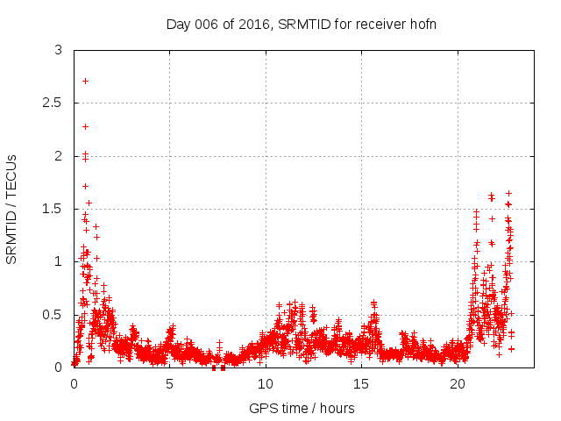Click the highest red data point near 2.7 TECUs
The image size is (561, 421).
tap(85, 81)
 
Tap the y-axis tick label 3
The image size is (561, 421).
tap(58, 51)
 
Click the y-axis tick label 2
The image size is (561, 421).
tap(58, 156)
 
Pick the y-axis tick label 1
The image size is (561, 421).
tap(58, 261)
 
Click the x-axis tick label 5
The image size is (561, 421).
tap(169, 384)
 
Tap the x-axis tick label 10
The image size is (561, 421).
tap(265, 384)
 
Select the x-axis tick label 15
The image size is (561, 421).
tap(361, 384)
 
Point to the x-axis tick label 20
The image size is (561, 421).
tap(457, 384)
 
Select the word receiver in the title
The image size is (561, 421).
tap(378, 24)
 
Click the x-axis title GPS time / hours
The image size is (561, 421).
tap(302, 408)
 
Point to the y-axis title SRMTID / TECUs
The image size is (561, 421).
tap(12, 209)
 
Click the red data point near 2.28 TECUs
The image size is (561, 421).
tap(85, 126)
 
